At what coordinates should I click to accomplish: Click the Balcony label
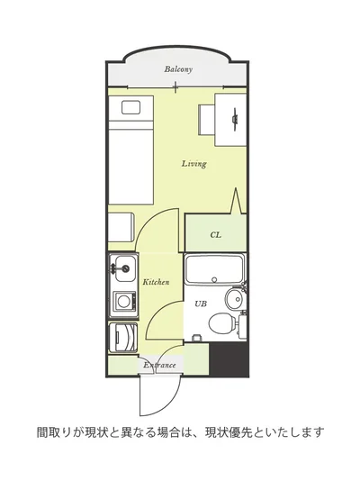[x=178, y=69]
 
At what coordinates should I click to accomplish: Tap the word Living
[x=193, y=164]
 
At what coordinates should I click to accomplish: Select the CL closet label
[x=216, y=235]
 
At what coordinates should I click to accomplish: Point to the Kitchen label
[x=156, y=282]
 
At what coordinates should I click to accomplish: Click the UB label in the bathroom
[x=201, y=304]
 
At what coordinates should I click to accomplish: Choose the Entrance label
[x=159, y=366]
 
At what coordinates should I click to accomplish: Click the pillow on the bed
[x=130, y=107]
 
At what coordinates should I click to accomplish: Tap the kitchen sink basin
[x=125, y=268]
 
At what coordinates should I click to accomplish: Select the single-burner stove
[x=124, y=301]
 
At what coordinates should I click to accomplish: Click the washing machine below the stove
[x=123, y=338]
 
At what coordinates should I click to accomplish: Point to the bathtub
[x=215, y=269]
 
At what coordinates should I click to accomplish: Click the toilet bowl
[x=222, y=322]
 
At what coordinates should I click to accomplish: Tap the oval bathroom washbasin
[x=234, y=298]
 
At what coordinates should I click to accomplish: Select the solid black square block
[x=228, y=359]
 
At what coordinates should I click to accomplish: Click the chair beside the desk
[x=206, y=120]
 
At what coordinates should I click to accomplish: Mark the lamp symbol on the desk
[x=235, y=118]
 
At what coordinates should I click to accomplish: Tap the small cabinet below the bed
[x=121, y=227]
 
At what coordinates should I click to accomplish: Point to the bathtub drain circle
[x=214, y=279]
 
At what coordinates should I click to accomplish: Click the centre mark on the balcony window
[x=175, y=87]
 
